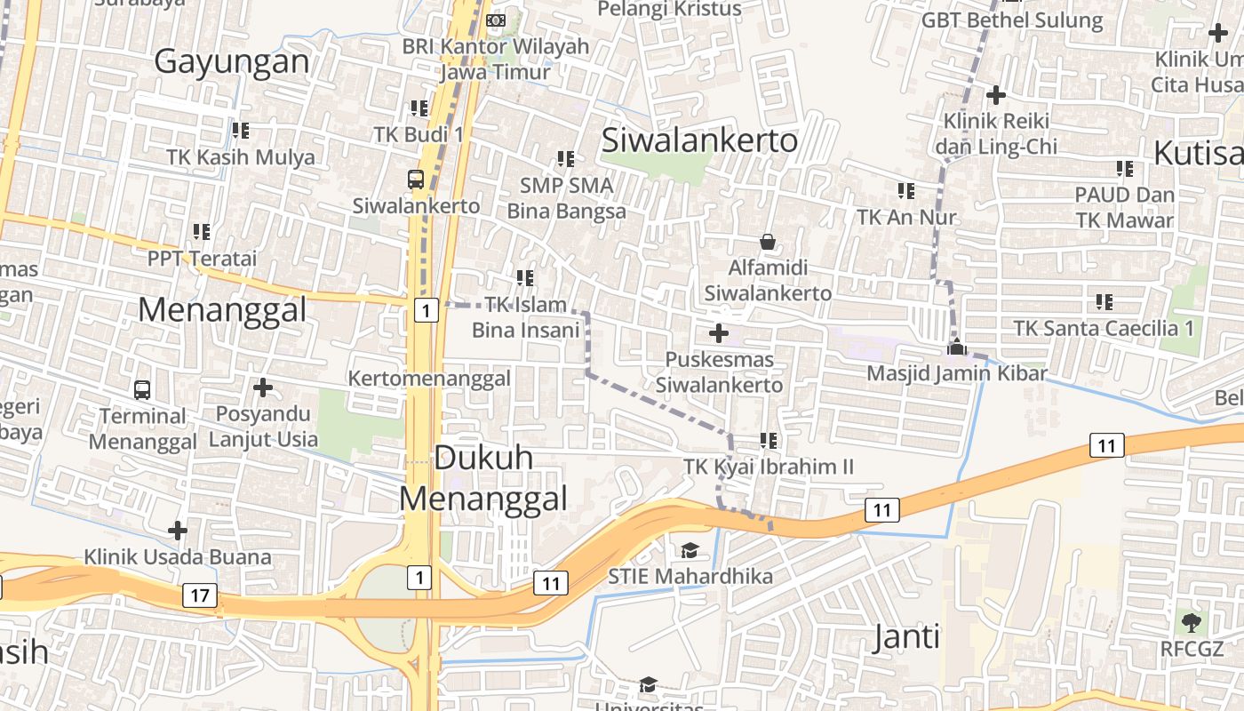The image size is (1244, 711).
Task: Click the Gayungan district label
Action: point(232,61)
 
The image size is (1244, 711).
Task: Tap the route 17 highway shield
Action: point(199,595)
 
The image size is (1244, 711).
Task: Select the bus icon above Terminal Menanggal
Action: point(142,389)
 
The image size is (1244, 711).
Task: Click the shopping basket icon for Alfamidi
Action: point(768,242)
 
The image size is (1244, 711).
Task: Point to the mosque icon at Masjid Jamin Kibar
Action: point(956,347)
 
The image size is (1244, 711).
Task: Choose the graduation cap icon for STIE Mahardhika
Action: point(690,551)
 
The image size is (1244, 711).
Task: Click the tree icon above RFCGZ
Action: point(1192,622)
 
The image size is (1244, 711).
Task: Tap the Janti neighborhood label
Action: point(906,637)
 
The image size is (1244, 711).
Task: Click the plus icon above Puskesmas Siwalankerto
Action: point(719,334)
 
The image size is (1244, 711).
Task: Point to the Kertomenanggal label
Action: point(429,379)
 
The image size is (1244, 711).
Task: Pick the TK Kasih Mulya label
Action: point(241,157)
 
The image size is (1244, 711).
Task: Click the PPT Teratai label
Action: point(202,259)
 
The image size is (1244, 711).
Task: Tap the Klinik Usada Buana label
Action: point(178,557)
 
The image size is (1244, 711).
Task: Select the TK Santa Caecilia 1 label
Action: point(1104,329)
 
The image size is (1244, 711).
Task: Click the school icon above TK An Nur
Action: point(906,190)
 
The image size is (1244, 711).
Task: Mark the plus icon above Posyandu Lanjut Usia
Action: point(263,387)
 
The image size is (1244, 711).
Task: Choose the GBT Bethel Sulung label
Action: point(1012,20)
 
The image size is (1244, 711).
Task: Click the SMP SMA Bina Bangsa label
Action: point(567,198)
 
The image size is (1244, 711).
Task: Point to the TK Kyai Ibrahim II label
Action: point(769,467)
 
